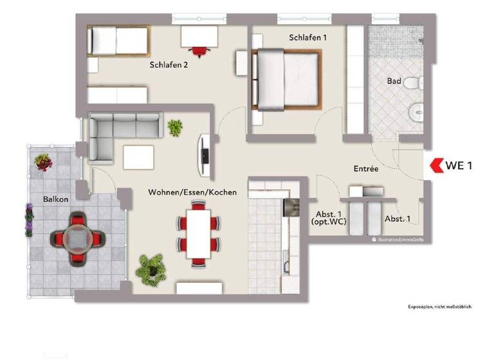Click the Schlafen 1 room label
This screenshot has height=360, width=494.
pos(307,38)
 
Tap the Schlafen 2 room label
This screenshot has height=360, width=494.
pos(169,64)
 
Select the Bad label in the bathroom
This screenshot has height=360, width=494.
pos(394,82)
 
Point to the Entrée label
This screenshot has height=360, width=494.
pos(365,168)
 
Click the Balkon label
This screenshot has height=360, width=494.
pos(56,199)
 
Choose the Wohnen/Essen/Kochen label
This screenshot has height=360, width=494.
pos(192,192)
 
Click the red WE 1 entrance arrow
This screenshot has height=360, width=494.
pos(439,165)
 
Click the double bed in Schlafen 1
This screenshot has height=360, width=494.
pos(288,79)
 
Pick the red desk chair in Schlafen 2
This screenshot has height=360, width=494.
pos(199,50)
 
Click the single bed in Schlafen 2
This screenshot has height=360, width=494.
pos(118,40)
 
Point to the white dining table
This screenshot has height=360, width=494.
pos(197,234)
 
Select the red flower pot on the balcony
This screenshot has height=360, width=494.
pos(44,161)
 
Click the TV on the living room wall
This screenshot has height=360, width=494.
pos(205,156)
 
